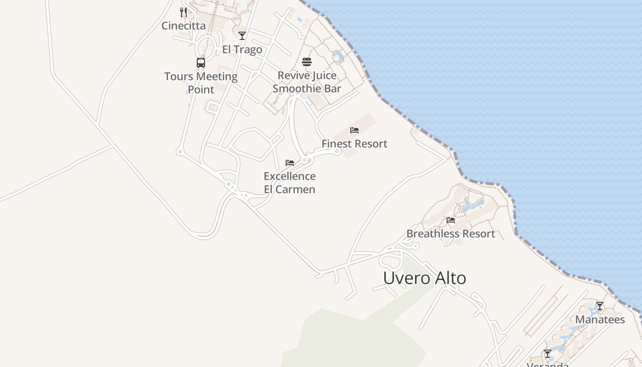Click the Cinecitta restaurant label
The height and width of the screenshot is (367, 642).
point(183,26)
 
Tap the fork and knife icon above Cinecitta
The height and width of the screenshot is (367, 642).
point(183,12)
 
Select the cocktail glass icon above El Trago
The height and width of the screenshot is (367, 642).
point(242,36)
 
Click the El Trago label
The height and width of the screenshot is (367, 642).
point(242,50)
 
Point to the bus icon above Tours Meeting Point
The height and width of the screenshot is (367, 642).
point(201,63)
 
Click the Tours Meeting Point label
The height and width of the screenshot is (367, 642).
point(201,83)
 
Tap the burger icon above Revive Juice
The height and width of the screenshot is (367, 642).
point(307,62)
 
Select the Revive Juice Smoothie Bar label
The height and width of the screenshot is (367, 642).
point(307,82)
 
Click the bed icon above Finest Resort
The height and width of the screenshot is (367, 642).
point(354,130)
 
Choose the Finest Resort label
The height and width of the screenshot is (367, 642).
point(354,144)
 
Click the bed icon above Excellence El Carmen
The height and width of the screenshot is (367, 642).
point(290,163)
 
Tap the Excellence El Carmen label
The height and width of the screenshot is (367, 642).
point(290,183)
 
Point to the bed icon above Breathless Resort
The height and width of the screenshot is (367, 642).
point(451,220)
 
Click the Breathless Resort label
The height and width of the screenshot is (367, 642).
point(451,234)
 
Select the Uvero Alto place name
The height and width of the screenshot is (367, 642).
point(425,278)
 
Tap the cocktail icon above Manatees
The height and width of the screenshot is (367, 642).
point(600,306)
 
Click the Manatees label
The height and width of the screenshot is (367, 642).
point(600,320)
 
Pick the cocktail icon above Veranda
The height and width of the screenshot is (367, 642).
point(548,354)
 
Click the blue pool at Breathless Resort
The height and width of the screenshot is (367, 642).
point(472,205)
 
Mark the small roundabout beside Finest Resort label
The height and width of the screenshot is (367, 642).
point(337,152)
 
